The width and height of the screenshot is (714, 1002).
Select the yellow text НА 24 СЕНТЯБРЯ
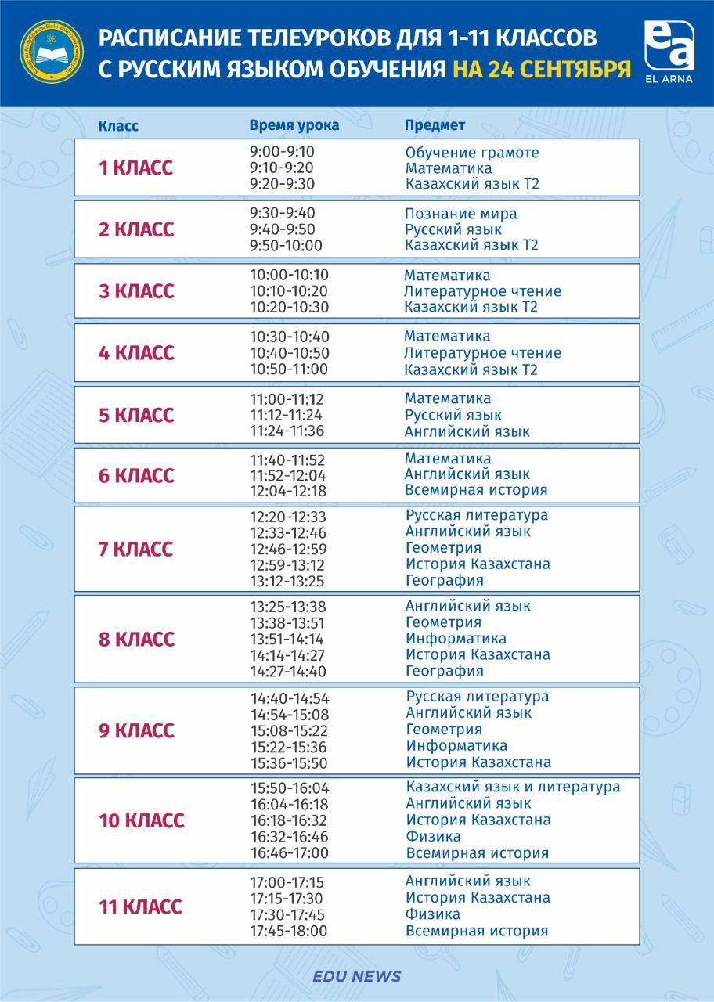tap(542, 69)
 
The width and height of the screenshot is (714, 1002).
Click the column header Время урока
tap(294, 125)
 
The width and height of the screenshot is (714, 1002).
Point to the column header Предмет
tap(435, 125)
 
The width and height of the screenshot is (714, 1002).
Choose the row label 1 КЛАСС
tap(135, 168)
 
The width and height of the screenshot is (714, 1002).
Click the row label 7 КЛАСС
tap(135, 550)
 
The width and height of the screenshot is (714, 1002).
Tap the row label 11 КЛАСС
tap(140, 907)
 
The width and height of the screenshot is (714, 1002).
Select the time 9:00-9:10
tap(282, 152)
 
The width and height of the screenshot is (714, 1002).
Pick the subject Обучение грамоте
tap(472, 153)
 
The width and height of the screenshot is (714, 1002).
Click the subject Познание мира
tap(461, 214)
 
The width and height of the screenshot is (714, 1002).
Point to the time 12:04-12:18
tap(288, 492)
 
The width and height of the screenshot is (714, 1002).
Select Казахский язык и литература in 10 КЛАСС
tap(513, 787)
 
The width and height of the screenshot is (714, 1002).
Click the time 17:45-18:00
tap(288, 932)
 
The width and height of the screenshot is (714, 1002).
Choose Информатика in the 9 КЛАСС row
tap(456, 746)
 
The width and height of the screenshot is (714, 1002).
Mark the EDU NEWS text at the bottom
tap(356, 976)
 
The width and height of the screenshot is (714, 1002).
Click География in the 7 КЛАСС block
tap(444, 581)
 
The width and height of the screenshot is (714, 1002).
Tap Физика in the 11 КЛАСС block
tap(432, 914)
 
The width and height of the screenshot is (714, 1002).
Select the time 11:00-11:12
tap(287, 399)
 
